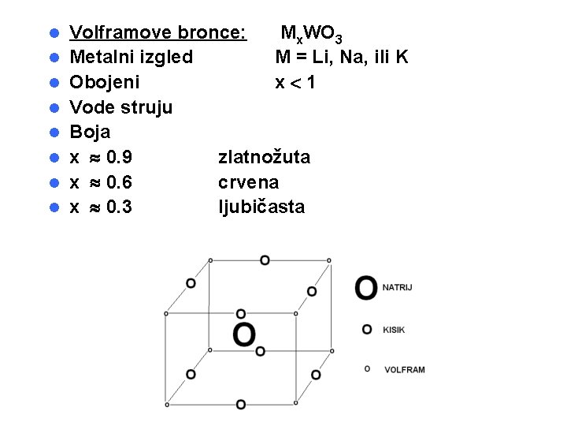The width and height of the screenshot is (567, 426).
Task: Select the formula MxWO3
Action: (311, 34)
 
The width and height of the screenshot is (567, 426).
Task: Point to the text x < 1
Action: (295, 82)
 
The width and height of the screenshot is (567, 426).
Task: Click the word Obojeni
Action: (105, 82)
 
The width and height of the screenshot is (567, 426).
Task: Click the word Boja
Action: (90, 131)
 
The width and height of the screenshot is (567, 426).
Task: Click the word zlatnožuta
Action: (264, 157)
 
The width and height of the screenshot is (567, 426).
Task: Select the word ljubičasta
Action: (261, 207)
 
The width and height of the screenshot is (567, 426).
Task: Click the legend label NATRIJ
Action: (398, 288)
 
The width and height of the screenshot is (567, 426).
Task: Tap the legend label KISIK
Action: (394, 330)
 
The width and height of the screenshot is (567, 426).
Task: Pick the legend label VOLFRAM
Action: (404, 369)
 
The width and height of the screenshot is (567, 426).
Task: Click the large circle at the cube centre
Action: (244, 334)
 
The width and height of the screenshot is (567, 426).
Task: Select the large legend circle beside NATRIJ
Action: (366, 288)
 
